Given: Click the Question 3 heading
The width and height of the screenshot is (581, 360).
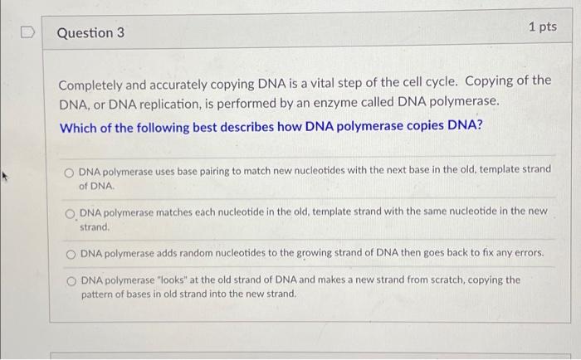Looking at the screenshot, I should pos(90,32).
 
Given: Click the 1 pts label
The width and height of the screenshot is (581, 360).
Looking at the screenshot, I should pos(542,27).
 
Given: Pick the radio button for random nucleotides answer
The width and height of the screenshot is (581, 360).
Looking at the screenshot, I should pos(71,253).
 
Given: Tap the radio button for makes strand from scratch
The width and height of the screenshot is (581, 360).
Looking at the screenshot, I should pos(71,280).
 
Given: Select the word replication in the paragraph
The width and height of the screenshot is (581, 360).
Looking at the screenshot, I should pos(168,101).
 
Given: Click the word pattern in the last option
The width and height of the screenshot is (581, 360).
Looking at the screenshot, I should pos(96,294).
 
